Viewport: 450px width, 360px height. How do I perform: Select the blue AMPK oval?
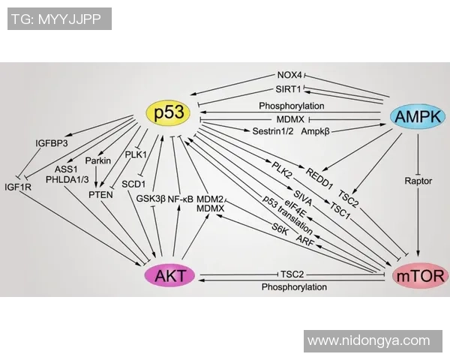pyautogui.click(x=418, y=115)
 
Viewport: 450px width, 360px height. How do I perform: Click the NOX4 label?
pyautogui.click(x=289, y=76)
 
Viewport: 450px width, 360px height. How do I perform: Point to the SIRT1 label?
pyautogui.click(x=289, y=89)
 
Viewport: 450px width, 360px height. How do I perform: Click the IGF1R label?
pyautogui.click(x=18, y=187)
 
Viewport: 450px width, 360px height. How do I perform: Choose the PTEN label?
pyautogui.click(x=100, y=194)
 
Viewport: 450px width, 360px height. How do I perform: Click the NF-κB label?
pyautogui.click(x=181, y=199)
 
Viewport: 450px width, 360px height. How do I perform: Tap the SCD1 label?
pyautogui.click(x=134, y=182)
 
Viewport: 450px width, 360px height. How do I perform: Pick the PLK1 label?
pyautogui.click(x=135, y=155)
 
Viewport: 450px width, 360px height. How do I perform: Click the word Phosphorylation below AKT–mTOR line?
pyautogui.click(x=294, y=287)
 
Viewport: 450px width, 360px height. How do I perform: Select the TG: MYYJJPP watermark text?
pyautogui.click(x=56, y=19)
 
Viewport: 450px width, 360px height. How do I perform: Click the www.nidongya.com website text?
pyautogui.click(x=370, y=340)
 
